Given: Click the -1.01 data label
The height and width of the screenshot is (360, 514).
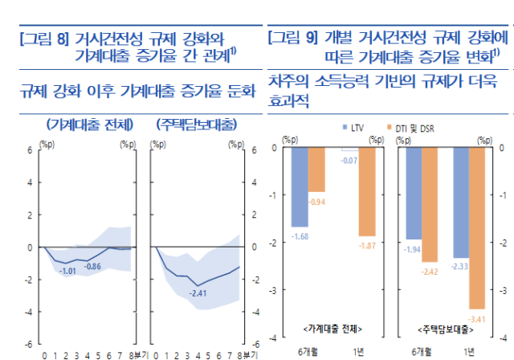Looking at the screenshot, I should (70, 272).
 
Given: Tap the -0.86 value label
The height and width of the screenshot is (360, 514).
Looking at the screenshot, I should (93, 266).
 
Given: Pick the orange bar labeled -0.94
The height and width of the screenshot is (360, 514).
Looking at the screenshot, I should (316, 169).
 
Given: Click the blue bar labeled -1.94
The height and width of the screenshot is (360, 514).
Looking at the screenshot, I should (413, 193).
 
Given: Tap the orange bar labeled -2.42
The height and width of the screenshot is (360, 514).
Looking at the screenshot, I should (430, 204).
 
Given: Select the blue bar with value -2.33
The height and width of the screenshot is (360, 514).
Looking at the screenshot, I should (460, 202).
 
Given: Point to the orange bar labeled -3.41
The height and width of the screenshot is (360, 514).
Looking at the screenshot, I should (478, 227).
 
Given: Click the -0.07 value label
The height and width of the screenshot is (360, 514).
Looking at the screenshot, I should (349, 161).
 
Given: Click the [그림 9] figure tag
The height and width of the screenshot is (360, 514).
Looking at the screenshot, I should (293, 36).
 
